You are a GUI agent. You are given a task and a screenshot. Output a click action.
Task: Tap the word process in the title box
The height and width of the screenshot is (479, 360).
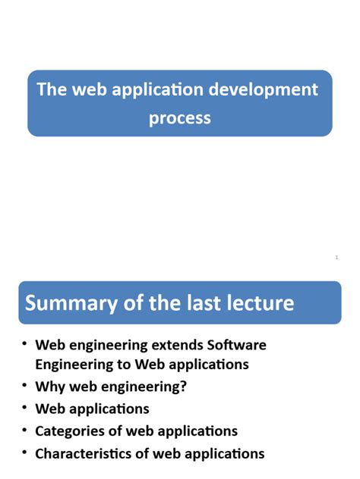[180, 118]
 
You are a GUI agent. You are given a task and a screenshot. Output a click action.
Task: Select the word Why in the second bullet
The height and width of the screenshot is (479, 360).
[49, 387]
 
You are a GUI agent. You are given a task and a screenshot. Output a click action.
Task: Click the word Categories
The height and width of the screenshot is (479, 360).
[72, 431]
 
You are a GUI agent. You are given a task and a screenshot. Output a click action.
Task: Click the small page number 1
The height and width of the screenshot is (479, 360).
[336, 258]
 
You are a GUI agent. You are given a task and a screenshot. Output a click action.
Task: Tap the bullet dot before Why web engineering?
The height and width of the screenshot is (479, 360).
[25, 386]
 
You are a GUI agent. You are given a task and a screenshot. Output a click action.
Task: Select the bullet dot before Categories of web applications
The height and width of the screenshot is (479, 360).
[25, 430]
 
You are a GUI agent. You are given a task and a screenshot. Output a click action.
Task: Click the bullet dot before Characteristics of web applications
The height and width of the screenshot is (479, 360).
[25, 452]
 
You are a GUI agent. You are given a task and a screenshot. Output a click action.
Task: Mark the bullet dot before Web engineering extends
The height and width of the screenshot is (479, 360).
[25, 344]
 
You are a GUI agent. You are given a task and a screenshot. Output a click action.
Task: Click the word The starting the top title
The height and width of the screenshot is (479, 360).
[52, 90]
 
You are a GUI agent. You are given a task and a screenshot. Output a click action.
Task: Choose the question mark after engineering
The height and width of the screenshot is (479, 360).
[183, 387]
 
